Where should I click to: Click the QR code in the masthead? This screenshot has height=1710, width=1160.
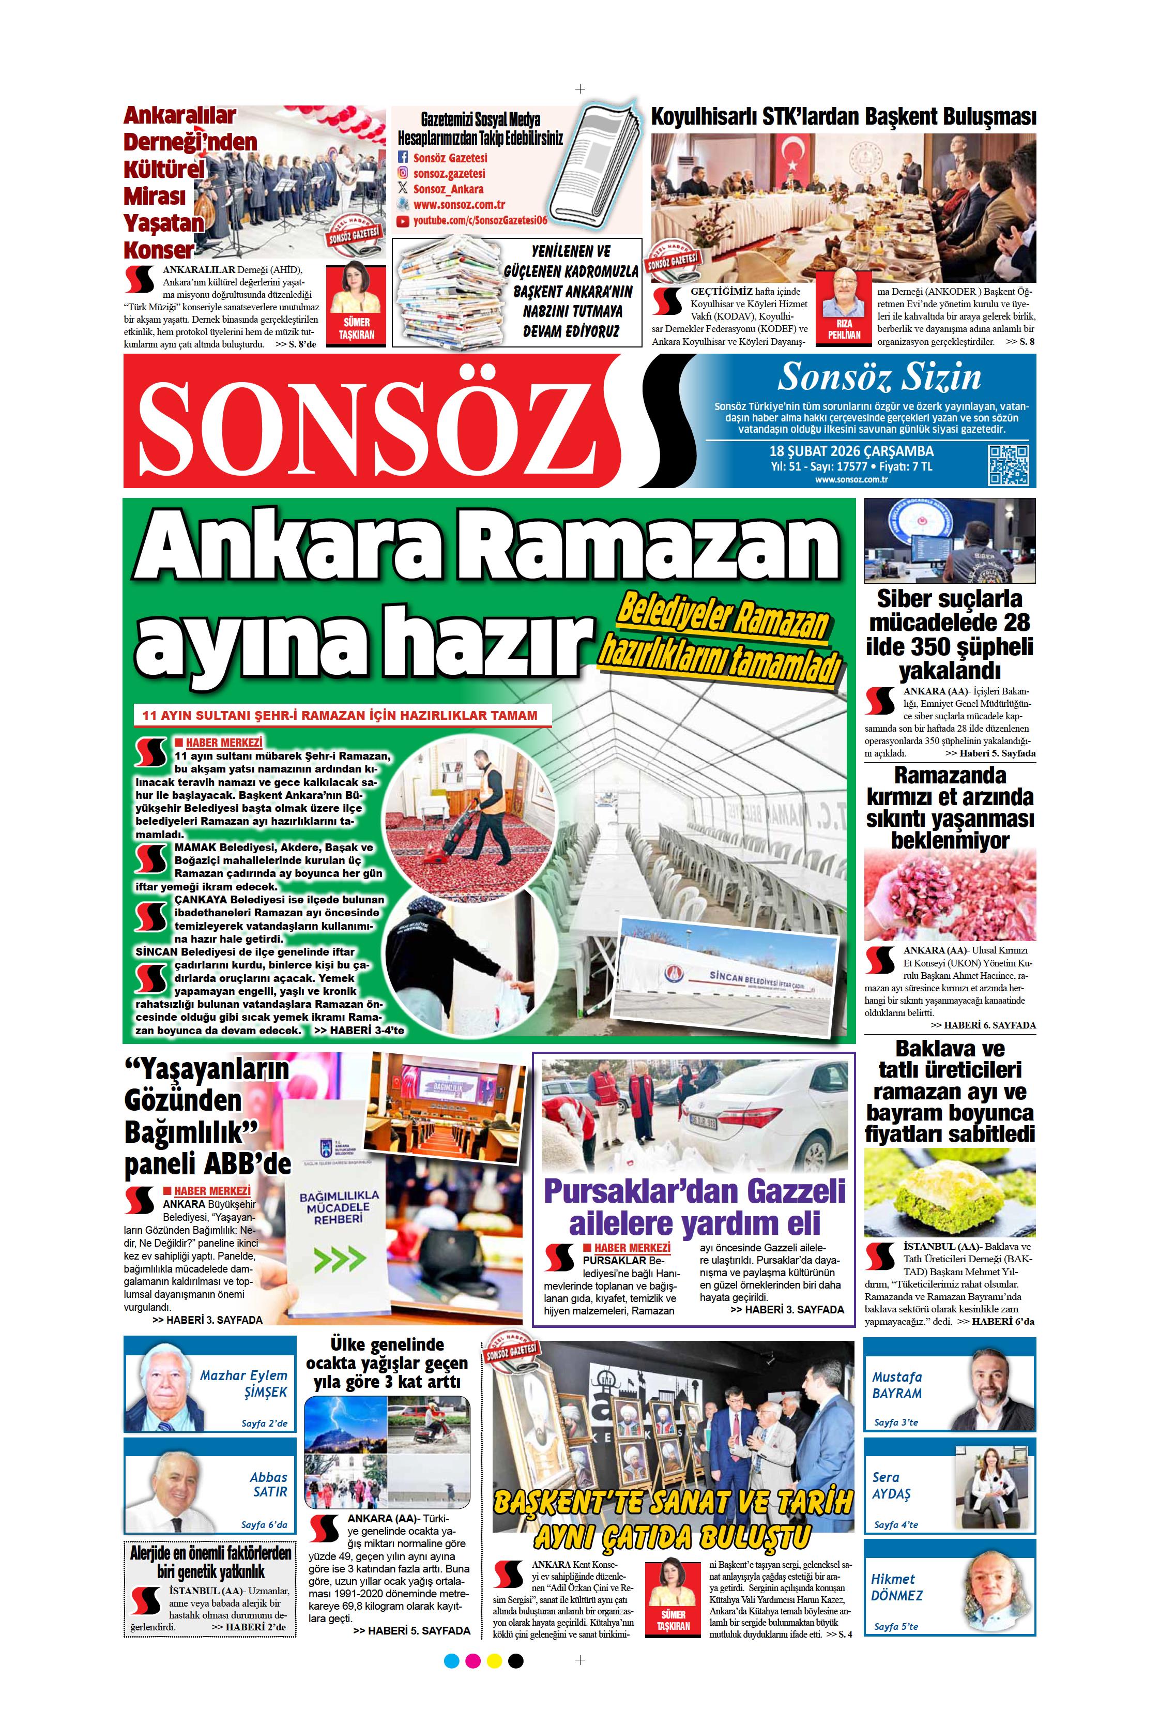click(1008, 465)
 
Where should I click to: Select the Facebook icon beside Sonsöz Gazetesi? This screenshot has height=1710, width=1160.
click(402, 158)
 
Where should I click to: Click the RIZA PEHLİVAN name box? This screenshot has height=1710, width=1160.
click(844, 329)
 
